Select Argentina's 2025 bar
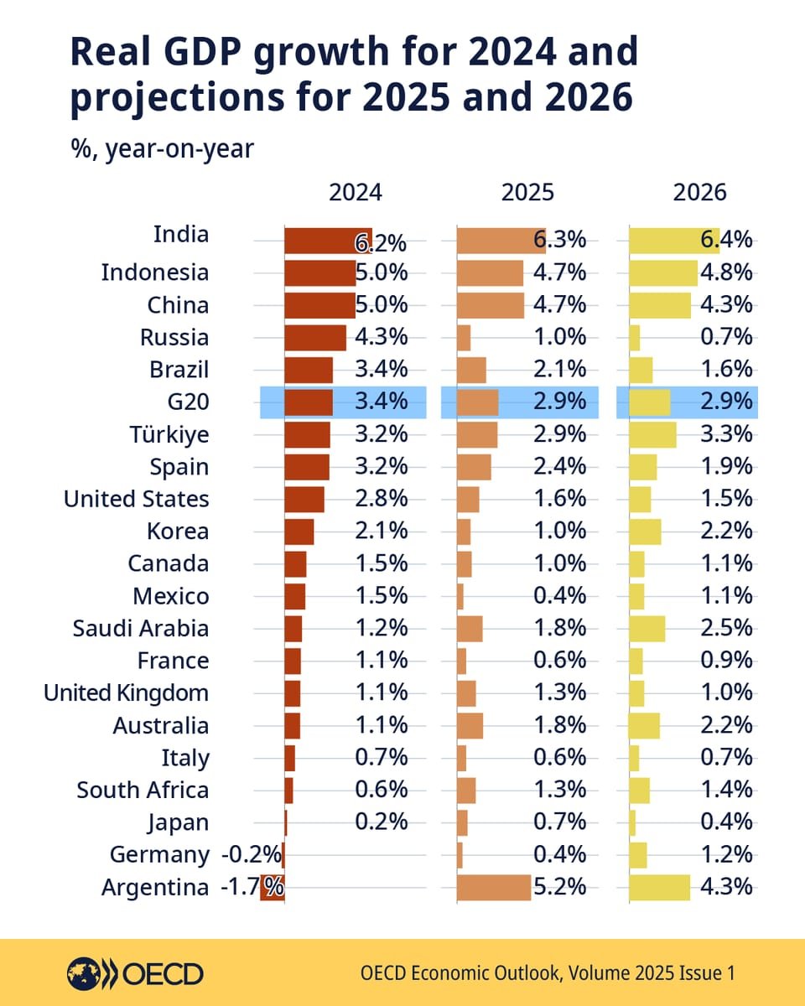click(494, 887)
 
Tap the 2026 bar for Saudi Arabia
click(647, 629)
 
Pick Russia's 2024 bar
click(315, 338)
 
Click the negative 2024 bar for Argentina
click(273, 888)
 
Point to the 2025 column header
click(527, 193)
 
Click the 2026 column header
click(700, 193)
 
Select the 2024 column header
click(355, 193)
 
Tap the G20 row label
click(188, 402)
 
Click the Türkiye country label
click(169, 435)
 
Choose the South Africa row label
click(143, 790)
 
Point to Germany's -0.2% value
click(251, 855)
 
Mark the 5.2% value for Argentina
click(559, 887)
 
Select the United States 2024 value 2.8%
click(382, 500)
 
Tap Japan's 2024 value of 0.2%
click(382, 822)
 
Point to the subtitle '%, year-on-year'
click(162, 149)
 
